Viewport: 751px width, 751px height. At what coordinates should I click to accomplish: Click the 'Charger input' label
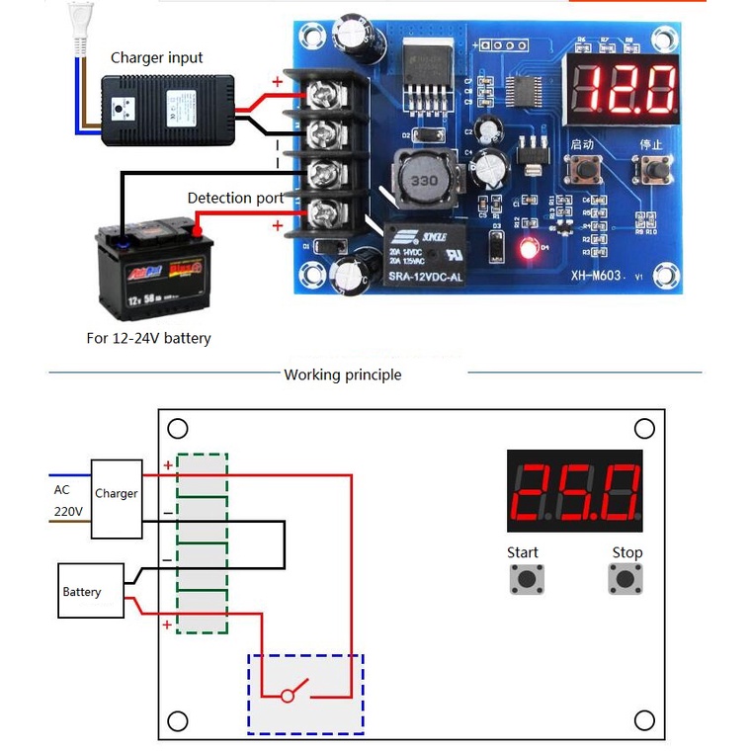156,57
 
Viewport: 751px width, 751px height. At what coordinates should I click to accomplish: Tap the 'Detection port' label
235,198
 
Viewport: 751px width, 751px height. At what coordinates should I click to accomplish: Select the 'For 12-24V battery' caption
148,338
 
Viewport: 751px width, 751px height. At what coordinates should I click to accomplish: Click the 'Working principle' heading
342,375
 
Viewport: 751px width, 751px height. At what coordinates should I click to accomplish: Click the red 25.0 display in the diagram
574,491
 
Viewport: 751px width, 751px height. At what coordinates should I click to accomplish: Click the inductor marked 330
424,181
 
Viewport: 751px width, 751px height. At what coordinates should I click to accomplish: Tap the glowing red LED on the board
530,248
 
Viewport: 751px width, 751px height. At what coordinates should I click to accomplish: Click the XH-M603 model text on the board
595,276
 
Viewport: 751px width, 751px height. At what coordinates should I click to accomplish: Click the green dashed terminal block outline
202,542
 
